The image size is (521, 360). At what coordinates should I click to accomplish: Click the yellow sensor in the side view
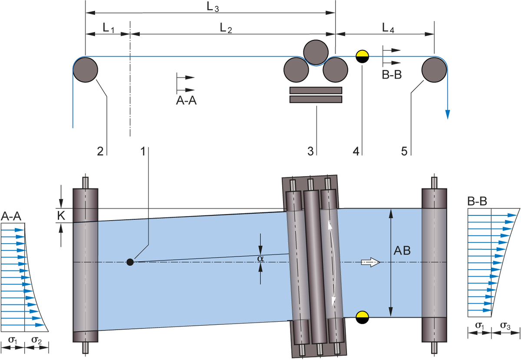pyautogui.click(x=362, y=54)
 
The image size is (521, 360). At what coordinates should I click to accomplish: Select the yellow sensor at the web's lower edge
pyautogui.click(x=362, y=314)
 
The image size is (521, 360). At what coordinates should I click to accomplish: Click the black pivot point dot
pyautogui.click(x=129, y=262)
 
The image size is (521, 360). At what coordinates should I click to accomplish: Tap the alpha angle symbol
pyautogui.click(x=260, y=258)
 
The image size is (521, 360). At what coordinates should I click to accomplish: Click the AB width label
pyautogui.click(x=402, y=251)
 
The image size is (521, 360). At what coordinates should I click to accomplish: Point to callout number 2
pyautogui.click(x=100, y=151)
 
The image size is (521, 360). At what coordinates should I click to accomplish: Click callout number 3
pyautogui.click(x=310, y=151)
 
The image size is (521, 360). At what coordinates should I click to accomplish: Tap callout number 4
pyautogui.click(x=356, y=151)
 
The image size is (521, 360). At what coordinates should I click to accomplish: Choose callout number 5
pyautogui.click(x=404, y=151)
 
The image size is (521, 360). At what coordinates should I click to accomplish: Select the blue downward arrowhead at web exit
pyautogui.click(x=448, y=115)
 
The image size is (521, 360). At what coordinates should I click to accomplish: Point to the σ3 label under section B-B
pyautogui.click(x=505, y=326)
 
